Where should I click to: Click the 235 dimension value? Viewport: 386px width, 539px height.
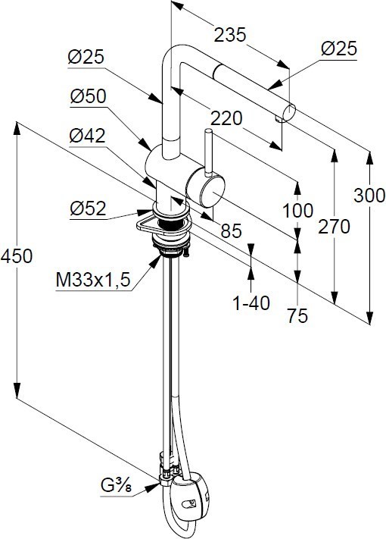click(x=230, y=35)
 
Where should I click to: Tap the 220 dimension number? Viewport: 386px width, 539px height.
click(x=226, y=118)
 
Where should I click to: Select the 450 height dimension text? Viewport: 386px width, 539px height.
click(x=17, y=256)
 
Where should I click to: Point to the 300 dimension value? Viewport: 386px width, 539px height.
click(x=369, y=196)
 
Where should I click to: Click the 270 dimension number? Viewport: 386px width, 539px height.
click(x=334, y=227)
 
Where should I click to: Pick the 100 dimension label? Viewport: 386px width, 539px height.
click(x=297, y=211)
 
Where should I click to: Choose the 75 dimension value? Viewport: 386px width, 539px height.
click(x=297, y=315)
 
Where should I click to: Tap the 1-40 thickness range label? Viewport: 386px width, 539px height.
click(x=251, y=303)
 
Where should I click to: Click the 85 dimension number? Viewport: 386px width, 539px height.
click(x=232, y=230)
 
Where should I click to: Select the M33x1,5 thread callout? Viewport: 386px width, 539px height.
click(x=93, y=280)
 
